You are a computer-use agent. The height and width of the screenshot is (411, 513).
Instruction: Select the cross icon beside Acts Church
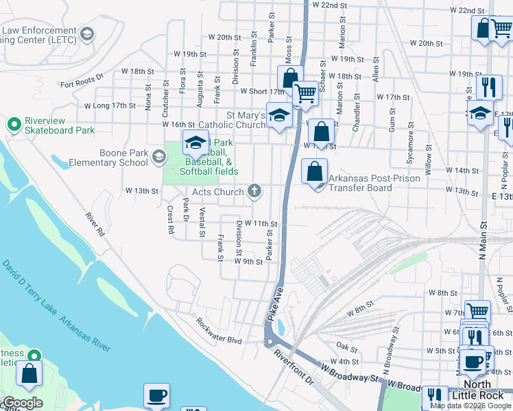point(254,190)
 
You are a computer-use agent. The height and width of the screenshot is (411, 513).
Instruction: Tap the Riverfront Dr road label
point(293,368)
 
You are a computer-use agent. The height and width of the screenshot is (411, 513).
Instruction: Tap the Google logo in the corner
point(23,403)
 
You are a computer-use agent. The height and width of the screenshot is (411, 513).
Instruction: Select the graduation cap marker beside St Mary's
point(280,115)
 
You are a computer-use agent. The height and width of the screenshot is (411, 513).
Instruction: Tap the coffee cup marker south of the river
point(156,395)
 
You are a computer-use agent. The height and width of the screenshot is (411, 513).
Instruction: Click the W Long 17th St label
point(110,105)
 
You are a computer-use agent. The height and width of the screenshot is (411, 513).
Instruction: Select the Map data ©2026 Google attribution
point(470,406)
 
